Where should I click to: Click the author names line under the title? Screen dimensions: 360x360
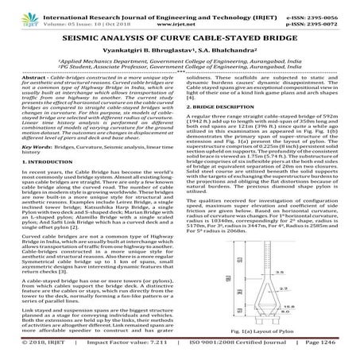click(180, 52)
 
